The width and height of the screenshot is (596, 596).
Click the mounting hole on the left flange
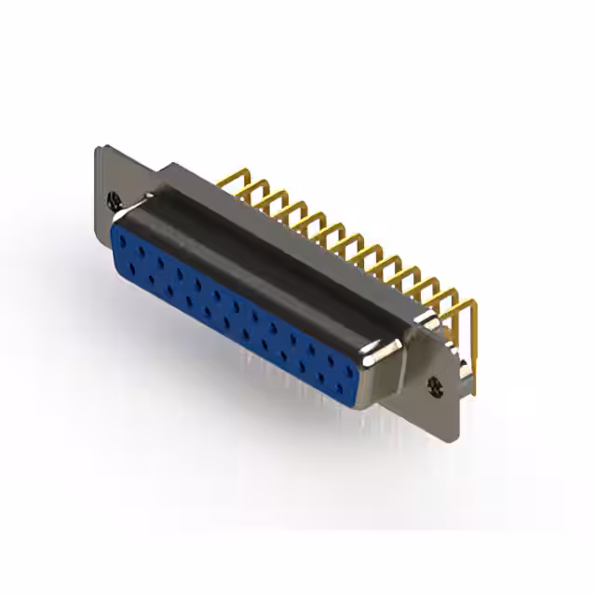click(x=115, y=198)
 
